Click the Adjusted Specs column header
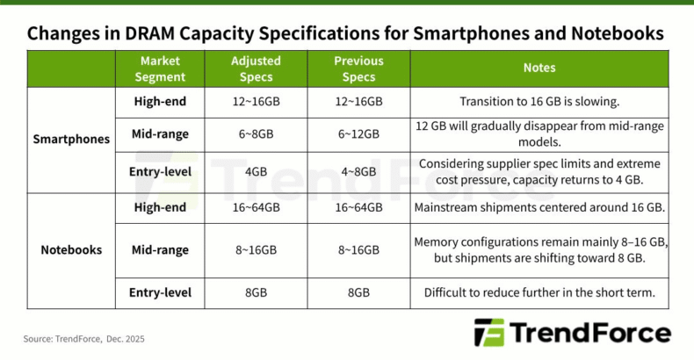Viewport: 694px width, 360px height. (256, 68)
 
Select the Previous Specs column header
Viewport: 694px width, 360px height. (358, 68)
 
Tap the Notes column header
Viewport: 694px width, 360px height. (539, 68)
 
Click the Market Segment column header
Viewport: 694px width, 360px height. (160, 68)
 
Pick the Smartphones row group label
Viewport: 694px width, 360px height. (71, 139)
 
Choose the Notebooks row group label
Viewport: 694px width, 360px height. (71, 250)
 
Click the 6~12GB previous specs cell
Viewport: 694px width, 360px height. (358, 134)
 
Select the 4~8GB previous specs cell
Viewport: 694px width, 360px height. (358, 172)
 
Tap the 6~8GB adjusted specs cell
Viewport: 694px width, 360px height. (256, 134)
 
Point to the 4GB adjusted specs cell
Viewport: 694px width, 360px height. (256, 172)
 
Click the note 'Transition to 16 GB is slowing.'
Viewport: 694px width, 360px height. (539, 101)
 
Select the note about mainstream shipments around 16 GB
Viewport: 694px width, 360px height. (539, 208)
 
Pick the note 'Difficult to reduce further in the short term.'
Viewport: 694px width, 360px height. (539, 292)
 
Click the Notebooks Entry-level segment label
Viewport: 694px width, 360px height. (160, 292)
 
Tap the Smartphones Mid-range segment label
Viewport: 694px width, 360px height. (160, 134)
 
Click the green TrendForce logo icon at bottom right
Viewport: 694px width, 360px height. (488, 334)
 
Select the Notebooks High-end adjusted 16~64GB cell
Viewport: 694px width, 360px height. (256, 208)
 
